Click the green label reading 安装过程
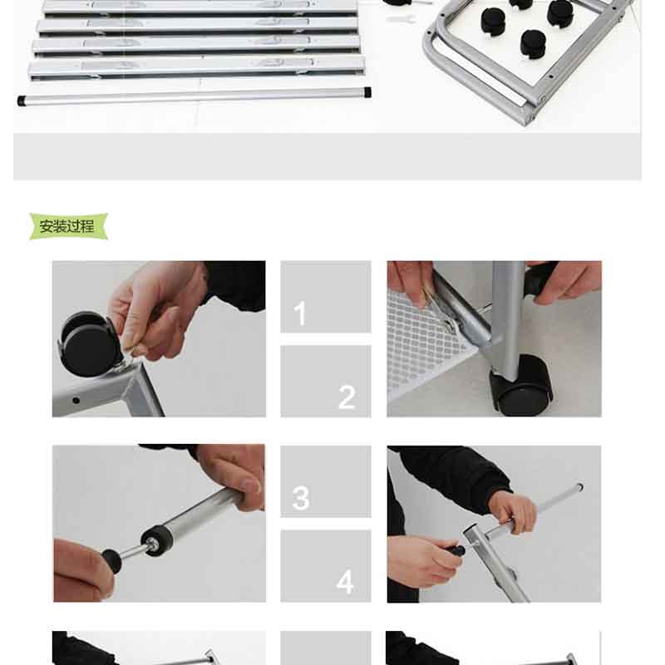click(x=68, y=226)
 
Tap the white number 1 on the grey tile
click(x=300, y=313)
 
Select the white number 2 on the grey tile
click(x=347, y=397)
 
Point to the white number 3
click(x=301, y=497)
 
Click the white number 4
click(x=345, y=582)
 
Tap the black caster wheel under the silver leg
click(x=522, y=386)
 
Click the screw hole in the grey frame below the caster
click(x=76, y=401)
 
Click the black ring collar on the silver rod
click(x=157, y=540)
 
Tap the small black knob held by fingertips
click(x=111, y=560)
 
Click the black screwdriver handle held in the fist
click(x=455, y=551)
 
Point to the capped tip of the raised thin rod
click(x=579, y=488)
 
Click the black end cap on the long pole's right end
click(x=367, y=92)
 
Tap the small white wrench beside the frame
click(x=401, y=19)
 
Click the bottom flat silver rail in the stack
click(x=196, y=67)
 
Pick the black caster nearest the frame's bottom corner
click(x=533, y=44)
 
